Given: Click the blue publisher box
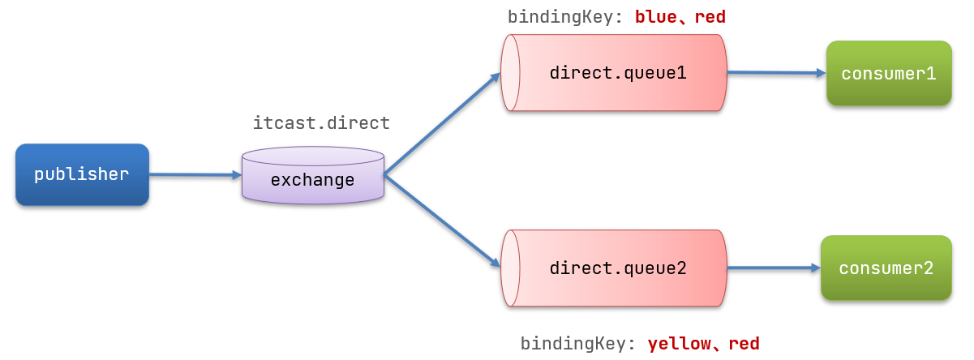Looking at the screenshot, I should (82, 174).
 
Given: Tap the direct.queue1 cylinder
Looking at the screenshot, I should (616, 73).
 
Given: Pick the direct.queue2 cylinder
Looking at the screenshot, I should (616, 268).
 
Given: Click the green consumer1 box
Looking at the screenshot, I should (889, 74).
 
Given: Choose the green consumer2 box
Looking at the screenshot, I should (886, 268).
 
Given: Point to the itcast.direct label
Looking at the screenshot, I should (321, 123).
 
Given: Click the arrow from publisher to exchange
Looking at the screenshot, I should (195, 174).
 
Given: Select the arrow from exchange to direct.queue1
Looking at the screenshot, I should (442, 123).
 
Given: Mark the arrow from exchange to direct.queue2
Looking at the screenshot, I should (442, 220).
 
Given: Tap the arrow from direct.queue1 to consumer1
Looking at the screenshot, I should (775, 73).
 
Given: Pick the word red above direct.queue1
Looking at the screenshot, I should (710, 16).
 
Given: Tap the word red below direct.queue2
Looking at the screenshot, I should (744, 344).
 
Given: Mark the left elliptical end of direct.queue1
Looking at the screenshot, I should (510, 73).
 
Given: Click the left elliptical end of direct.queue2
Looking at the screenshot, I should (510, 268).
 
